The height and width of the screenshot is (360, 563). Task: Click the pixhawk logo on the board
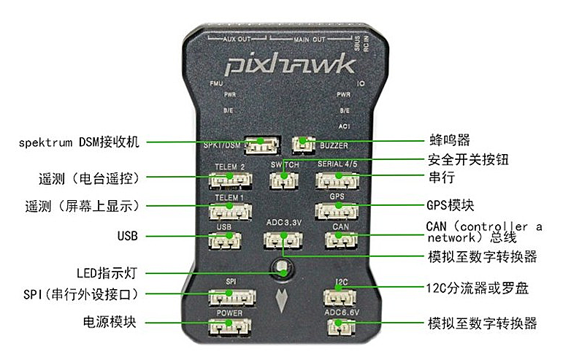coord(290,66)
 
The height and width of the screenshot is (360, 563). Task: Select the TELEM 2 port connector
coord(229,180)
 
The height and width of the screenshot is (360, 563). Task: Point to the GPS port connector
coord(337,210)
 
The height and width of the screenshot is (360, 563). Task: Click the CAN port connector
coord(340,240)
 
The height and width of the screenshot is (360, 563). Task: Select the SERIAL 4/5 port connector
coord(337,180)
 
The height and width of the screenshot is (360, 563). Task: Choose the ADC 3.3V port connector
coord(281,240)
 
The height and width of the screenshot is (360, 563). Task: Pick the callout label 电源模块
coord(110,322)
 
